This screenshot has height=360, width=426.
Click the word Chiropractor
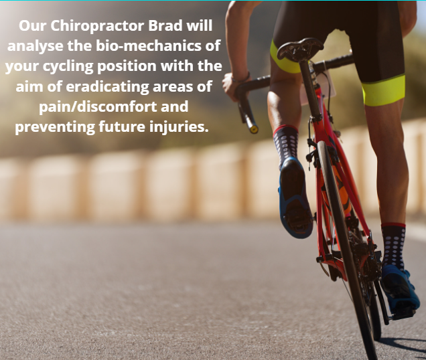[97, 27]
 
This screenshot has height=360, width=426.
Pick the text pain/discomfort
[98, 107]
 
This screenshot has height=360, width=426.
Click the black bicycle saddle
[300, 49]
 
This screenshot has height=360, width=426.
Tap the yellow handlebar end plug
[254, 129]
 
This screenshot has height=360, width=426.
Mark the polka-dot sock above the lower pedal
[393, 246]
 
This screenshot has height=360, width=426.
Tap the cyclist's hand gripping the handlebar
[232, 87]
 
